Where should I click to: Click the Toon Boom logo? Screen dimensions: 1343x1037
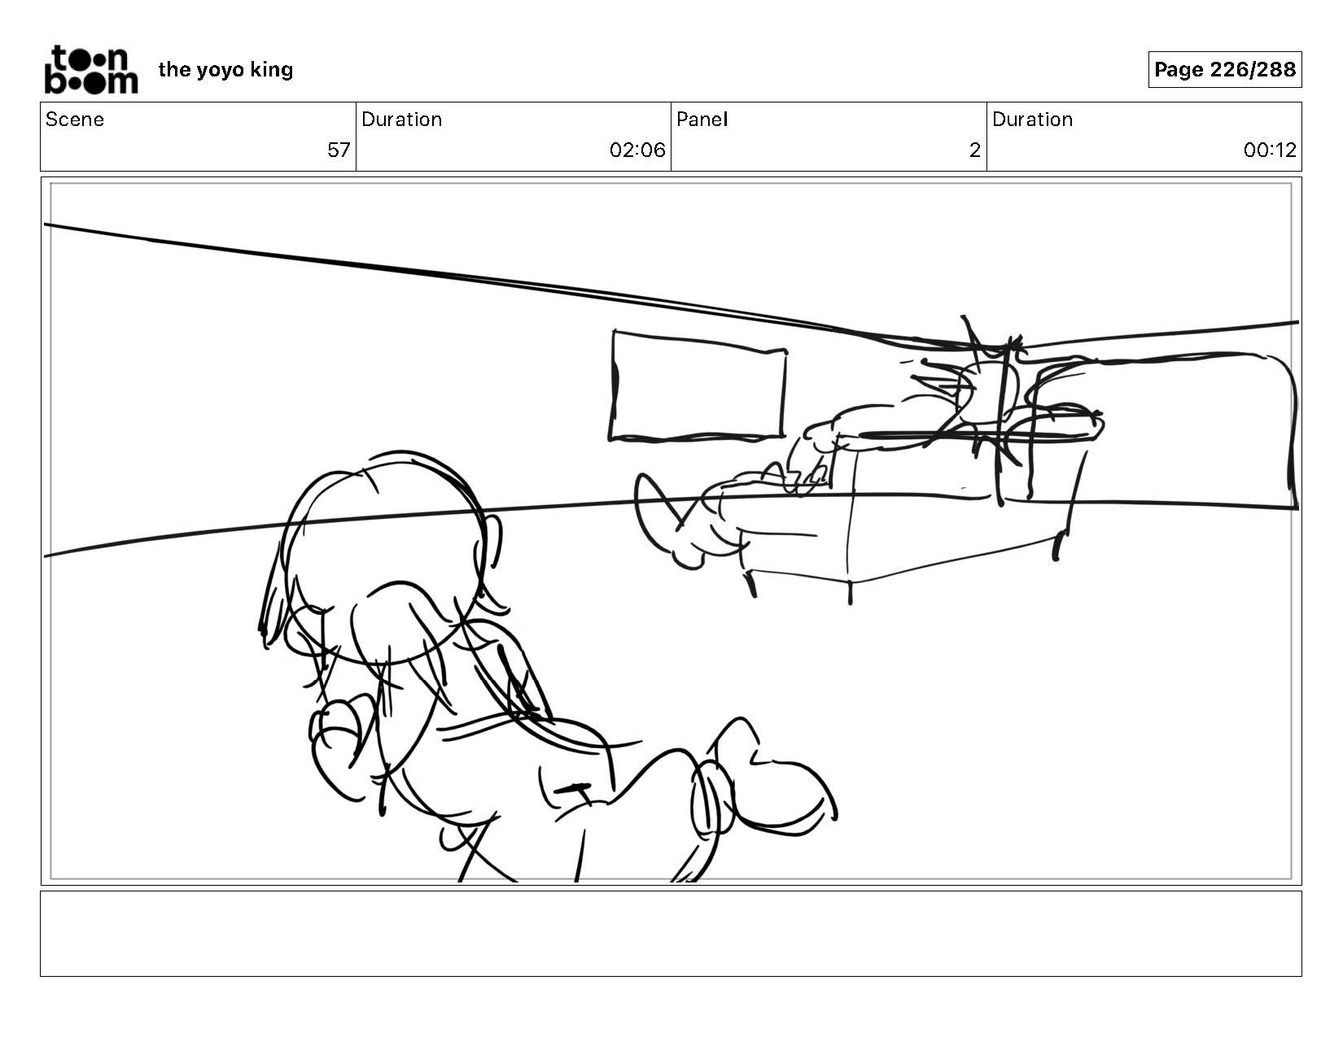pos(91,70)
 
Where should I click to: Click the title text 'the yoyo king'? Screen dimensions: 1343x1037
pos(225,70)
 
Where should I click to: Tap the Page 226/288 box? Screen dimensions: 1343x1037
pos(1224,69)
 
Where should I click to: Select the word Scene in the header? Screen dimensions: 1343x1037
pos(75,120)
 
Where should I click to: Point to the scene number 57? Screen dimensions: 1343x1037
pos(339,150)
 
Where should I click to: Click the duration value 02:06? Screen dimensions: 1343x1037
pos(637,150)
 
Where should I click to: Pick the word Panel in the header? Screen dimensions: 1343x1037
pos(702,120)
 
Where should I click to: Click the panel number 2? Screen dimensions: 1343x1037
pos(974,150)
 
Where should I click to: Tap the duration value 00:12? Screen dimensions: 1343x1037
pos(1270,150)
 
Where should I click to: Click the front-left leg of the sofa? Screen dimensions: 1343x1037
pos(751,584)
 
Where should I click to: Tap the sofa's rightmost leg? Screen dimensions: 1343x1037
pos(1057,546)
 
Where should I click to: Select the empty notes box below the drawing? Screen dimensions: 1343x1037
pos(671,933)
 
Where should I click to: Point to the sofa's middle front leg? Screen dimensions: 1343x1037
pos(851,592)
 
